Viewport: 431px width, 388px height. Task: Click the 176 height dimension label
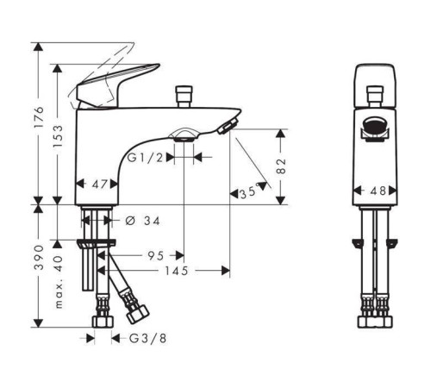click(39, 117)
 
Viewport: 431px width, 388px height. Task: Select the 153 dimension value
click(58, 136)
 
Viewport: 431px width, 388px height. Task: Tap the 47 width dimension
click(100, 185)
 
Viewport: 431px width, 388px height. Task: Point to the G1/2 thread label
click(145, 158)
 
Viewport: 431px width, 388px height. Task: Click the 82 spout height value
click(281, 166)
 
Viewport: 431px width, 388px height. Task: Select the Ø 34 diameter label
click(143, 221)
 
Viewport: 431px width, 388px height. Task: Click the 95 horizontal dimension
click(156, 255)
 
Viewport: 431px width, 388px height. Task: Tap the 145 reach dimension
click(176, 271)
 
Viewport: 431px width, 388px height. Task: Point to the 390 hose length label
click(39, 257)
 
